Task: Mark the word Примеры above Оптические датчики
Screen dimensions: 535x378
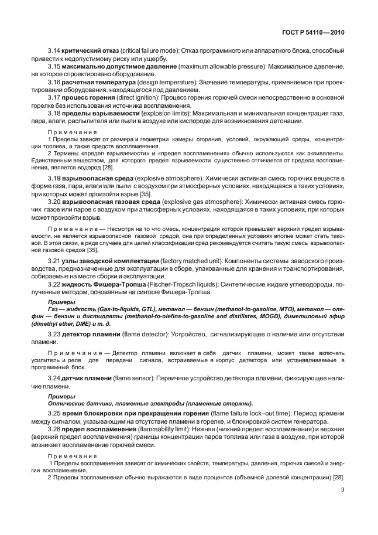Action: pyautogui.click(x=58, y=396)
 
